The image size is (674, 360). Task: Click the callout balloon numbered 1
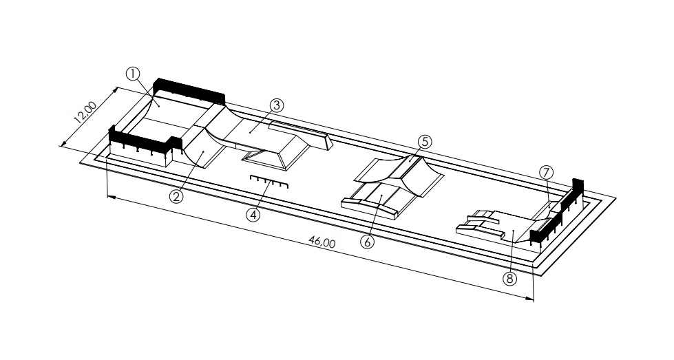(x=133, y=74)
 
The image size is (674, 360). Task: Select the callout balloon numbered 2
(x=176, y=197)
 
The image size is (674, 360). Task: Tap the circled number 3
(x=277, y=105)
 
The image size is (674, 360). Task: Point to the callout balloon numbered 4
(x=253, y=214)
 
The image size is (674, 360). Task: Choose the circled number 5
(x=425, y=142)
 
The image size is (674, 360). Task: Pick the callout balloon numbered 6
(x=368, y=242)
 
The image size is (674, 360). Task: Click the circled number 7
(x=546, y=173)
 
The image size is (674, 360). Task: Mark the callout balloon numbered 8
(x=509, y=279)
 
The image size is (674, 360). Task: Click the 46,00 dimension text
(x=322, y=242)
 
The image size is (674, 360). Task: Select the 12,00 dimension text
(x=85, y=113)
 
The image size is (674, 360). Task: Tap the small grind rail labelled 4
(x=269, y=182)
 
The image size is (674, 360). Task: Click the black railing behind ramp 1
(x=189, y=91)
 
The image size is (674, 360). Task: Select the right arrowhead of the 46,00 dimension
(x=529, y=298)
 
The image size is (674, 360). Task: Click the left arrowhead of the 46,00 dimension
(x=110, y=197)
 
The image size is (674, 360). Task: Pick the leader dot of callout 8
(x=514, y=231)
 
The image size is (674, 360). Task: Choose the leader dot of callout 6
(x=381, y=196)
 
